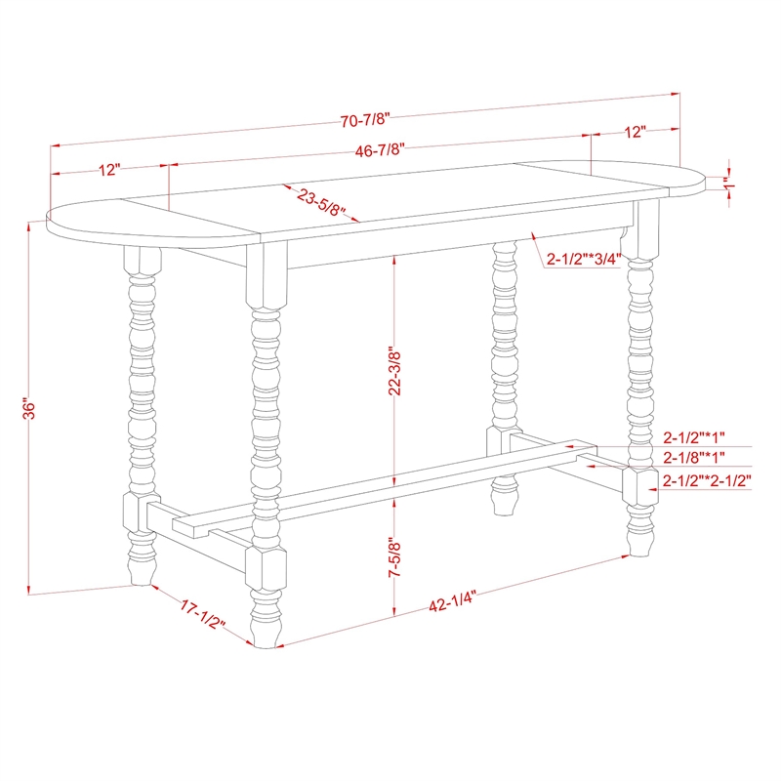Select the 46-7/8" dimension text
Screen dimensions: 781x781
click(x=382, y=149)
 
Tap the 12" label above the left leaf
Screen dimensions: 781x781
click(x=109, y=170)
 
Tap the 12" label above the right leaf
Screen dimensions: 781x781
click(x=636, y=130)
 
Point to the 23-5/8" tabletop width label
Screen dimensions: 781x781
click(x=322, y=203)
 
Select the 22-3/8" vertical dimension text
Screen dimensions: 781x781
click(x=393, y=371)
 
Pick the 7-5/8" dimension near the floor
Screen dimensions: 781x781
click(x=393, y=559)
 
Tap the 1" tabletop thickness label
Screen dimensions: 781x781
click(x=726, y=182)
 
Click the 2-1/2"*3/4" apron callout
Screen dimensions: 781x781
click(x=584, y=259)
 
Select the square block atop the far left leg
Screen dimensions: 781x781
click(x=142, y=262)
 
